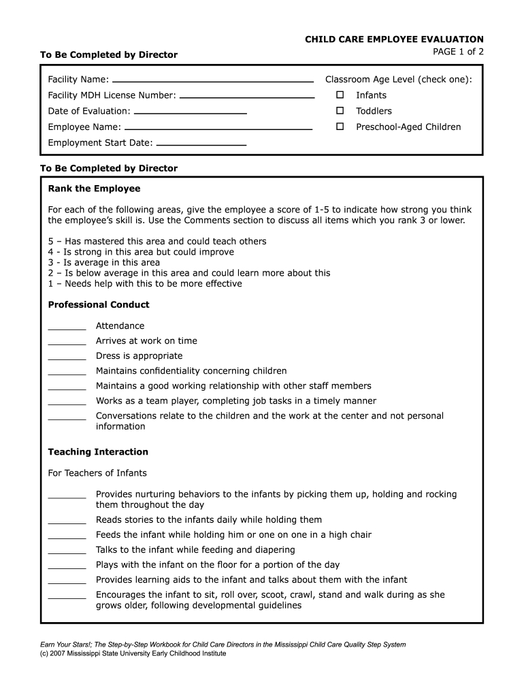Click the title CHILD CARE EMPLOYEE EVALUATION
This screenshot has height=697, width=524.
(x=394, y=39)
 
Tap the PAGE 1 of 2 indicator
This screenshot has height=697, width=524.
(x=458, y=52)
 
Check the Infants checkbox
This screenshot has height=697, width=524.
(x=340, y=95)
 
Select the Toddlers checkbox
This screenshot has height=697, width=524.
(x=340, y=111)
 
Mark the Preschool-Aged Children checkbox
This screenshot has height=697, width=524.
(x=340, y=127)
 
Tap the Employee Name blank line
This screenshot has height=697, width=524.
(x=218, y=129)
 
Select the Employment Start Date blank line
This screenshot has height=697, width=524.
(x=201, y=145)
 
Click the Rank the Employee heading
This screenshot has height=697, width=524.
(x=94, y=189)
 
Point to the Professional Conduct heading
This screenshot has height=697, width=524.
(x=99, y=304)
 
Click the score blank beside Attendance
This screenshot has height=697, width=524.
(x=67, y=328)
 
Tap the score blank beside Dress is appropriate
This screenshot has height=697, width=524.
(x=67, y=358)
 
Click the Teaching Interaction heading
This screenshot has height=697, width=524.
(x=98, y=452)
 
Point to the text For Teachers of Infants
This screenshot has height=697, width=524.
(x=97, y=473)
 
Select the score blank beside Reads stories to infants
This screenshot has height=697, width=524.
(x=67, y=522)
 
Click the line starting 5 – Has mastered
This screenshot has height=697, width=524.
(x=157, y=242)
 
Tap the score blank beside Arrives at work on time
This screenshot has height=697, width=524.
(x=67, y=343)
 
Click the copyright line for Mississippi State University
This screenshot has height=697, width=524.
(x=133, y=653)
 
